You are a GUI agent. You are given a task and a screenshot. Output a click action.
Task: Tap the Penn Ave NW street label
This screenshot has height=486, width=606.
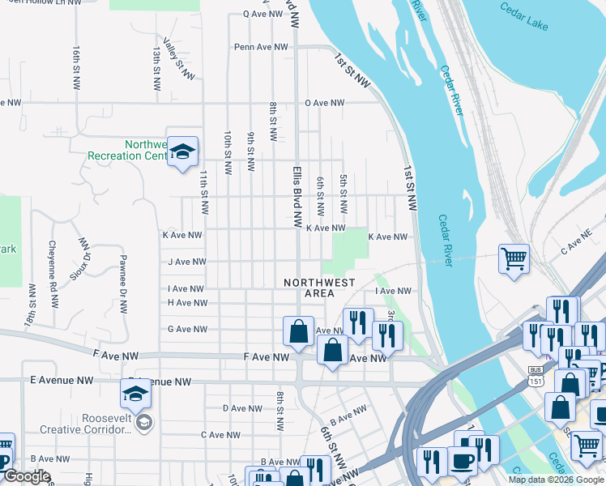[x=261, y=47]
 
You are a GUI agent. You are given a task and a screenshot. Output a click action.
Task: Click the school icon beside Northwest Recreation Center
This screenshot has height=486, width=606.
[x=182, y=151]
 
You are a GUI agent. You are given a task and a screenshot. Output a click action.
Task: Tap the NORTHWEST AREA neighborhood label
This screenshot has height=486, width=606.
[x=319, y=288]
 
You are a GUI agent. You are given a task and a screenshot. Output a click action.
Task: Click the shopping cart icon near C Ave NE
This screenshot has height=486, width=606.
[x=514, y=259]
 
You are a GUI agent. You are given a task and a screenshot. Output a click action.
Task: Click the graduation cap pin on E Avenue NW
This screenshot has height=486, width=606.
[x=135, y=394]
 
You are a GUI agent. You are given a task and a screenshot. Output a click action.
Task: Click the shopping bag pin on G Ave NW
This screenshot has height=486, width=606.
[x=298, y=330]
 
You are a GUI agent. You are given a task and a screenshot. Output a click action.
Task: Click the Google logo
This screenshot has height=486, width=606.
[x=26, y=477]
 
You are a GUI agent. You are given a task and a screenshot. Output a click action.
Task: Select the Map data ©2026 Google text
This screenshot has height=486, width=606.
[x=555, y=480]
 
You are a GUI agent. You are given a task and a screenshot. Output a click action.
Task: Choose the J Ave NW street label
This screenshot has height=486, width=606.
[x=186, y=262]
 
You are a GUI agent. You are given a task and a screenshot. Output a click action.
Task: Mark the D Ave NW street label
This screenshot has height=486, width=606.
[x=240, y=408]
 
